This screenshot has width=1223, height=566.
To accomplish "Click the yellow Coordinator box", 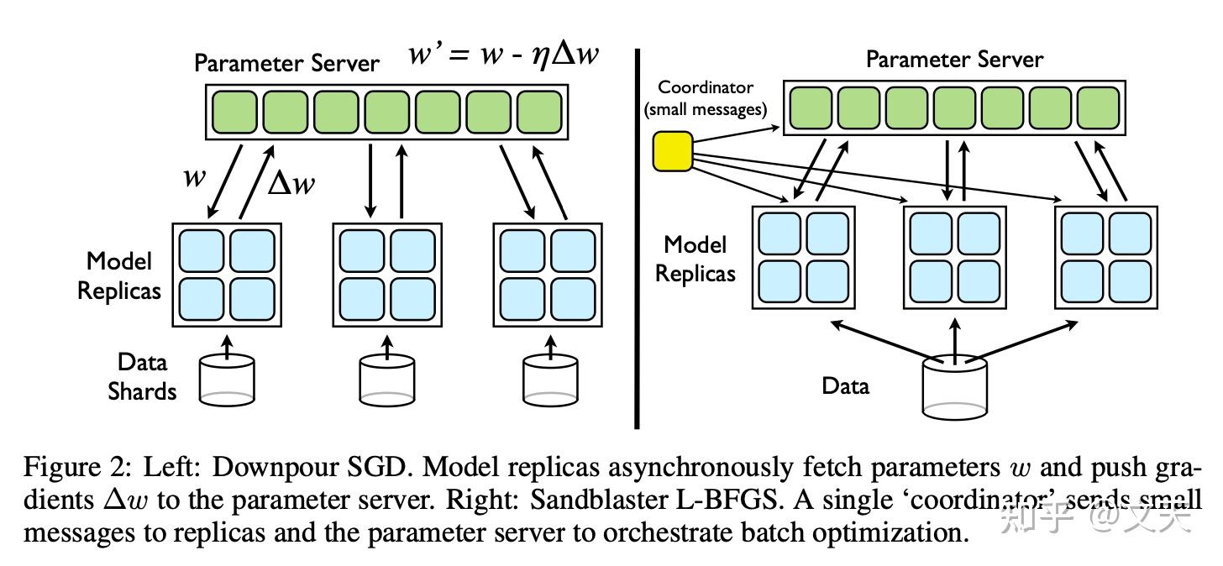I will tap(672, 152).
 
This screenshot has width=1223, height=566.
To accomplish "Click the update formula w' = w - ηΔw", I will tap(504, 55).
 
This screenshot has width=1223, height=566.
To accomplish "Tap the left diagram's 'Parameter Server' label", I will tap(286, 63).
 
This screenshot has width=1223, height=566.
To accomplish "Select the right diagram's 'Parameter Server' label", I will tap(954, 60).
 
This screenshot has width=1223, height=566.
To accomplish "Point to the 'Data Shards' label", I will tap(142, 377).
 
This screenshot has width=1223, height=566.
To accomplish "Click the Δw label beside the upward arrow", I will tap(291, 183).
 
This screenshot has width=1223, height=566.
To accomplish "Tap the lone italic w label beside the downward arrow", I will tap(194, 177).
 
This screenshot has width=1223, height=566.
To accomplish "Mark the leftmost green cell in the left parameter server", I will tap(234, 111).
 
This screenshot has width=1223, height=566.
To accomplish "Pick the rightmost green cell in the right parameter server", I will tap(1098, 107).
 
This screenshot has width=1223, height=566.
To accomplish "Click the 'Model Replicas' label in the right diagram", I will tap(695, 259).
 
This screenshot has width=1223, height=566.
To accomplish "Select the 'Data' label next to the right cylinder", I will tap(845, 386).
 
